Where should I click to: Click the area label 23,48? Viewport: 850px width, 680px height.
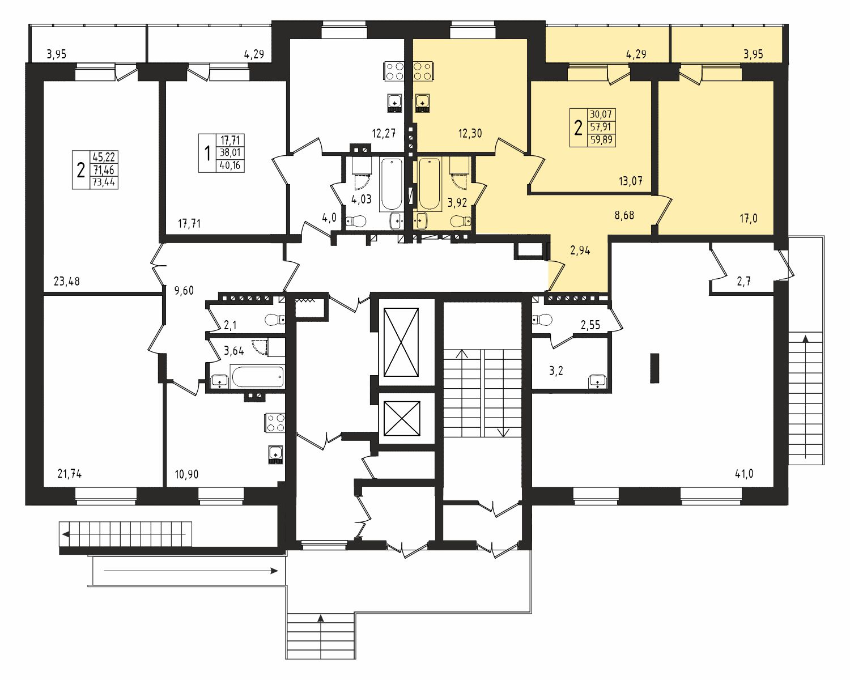tap(67, 281)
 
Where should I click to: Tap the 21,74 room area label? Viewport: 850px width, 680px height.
tap(70, 473)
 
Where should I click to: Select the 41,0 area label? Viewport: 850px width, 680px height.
tap(744, 473)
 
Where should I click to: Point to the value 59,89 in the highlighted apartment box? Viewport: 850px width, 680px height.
tap(601, 139)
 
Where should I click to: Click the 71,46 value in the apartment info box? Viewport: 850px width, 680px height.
tap(104, 170)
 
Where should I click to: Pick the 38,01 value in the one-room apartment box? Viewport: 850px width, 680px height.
tap(230, 152)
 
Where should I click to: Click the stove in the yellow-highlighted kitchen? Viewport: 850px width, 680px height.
tap(423, 71)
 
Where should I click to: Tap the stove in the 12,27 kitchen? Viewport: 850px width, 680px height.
tap(394, 71)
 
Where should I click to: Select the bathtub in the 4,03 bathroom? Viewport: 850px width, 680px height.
tap(392, 184)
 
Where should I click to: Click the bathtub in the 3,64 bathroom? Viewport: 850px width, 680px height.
tap(257, 377)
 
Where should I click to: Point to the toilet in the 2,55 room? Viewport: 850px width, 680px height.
tap(542, 319)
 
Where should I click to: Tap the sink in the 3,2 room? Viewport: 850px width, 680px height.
tap(598, 382)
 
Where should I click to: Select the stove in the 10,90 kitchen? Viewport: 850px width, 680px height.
tap(275, 423)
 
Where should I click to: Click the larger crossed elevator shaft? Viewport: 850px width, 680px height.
tap(401, 342)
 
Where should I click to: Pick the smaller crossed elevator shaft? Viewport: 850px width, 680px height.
tap(402, 419)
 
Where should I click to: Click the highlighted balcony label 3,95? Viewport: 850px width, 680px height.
tap(753, 54)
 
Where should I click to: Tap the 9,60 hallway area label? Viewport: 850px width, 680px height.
tap(184, 290)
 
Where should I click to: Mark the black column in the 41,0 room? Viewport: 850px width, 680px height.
tap(654, 368)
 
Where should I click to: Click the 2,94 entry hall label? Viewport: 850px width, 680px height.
tap(580, 250)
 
